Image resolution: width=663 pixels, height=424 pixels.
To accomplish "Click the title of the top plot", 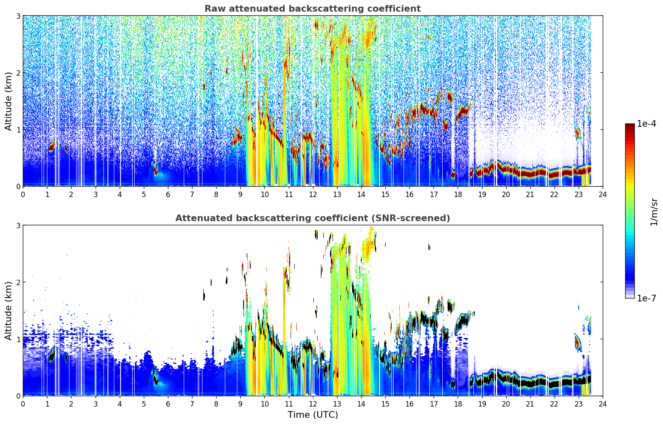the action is tap(313, 8).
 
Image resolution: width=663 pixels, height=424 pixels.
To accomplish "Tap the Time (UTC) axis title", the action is tap(313, 415).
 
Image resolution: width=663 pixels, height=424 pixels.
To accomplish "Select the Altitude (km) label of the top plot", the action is tap(8, 101).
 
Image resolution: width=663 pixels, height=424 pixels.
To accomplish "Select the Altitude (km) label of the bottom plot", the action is tap(8, 311).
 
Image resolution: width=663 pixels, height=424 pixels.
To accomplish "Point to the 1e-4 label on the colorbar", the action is tap(647, 124).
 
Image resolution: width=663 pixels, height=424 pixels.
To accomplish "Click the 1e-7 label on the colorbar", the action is tap(647, 298).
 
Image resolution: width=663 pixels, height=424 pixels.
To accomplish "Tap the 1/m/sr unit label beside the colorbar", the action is tap(654, 212).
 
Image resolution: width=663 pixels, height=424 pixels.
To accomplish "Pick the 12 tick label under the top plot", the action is tap(313, 195).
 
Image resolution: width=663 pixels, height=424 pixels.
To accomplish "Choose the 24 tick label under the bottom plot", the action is tap(603, 404).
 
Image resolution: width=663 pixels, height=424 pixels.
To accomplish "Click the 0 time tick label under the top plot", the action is tap(23, 195).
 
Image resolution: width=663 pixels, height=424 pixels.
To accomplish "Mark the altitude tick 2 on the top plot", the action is tap(18, 73).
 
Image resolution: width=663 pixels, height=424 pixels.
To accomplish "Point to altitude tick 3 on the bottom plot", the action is tap(18, 225).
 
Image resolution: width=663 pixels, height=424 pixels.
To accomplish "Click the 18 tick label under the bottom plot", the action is tap(458, 404).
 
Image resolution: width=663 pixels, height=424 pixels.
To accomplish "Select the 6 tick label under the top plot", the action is tap(168, 195).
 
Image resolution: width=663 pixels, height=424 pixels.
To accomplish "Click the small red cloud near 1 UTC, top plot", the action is tap(52, 145).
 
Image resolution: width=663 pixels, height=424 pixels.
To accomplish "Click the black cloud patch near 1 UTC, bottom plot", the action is tap(52, 355).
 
